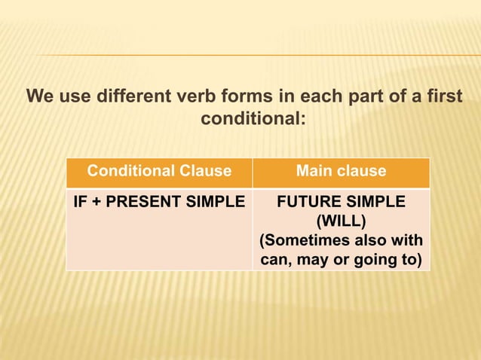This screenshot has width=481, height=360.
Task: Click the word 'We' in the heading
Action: (39, 98)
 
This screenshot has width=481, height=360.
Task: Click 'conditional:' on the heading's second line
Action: (253, 119)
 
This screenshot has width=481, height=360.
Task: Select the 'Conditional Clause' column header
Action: (159, 171)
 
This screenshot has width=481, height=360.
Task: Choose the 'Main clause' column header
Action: (341, 171)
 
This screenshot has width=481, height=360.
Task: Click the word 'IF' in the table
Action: (81, 203)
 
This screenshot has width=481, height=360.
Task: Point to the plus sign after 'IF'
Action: (97, 203)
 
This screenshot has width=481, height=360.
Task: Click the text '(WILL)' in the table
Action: (341, 222)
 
